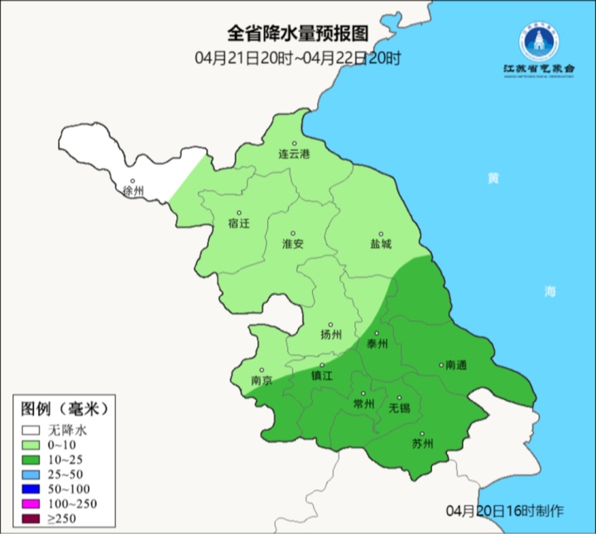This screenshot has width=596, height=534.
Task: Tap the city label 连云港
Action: coord(293,155)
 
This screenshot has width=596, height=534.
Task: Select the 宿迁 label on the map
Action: coord(238,223)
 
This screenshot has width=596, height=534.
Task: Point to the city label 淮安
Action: coord(293,244)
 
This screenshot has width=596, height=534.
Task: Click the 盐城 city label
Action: coord(381,244)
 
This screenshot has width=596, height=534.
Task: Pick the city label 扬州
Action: coord(330,335)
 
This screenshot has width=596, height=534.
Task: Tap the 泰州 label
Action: coord(377,344)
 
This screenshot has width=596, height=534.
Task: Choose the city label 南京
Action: coord(262,381)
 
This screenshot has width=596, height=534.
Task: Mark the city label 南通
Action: coord(456,365)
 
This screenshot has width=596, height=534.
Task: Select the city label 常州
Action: coord(363,403)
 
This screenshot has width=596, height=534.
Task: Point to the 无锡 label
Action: coord(399,408)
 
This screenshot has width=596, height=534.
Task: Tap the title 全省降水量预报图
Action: coord(297,34)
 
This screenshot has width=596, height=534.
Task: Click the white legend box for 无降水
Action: coord(31,430)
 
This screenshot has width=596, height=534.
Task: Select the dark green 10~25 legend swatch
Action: coord(31,460)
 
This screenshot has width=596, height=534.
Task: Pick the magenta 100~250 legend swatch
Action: coord(31,504)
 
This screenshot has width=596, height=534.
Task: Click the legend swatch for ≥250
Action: coord(31,519)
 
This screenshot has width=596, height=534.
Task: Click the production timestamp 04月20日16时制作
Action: coord(504,509)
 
